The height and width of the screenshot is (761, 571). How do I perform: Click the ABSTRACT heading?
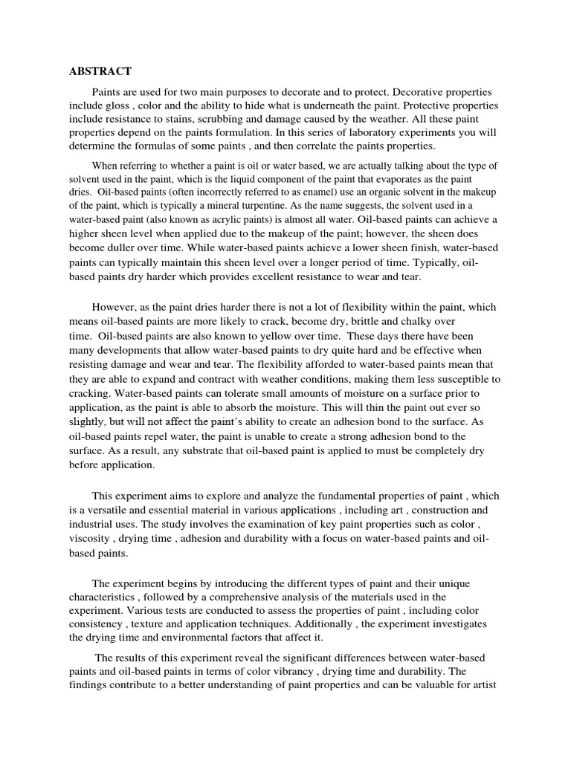tap(100, 71)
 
